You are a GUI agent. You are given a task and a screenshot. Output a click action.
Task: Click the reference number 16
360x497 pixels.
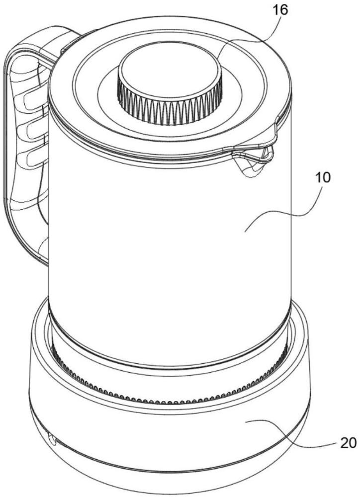[280, 10]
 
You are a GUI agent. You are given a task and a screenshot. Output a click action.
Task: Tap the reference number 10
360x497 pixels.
[322, 177]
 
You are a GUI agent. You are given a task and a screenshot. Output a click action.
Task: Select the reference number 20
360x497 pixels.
[348, 443]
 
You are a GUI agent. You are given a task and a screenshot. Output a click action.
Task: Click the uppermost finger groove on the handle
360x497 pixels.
[34, 100]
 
